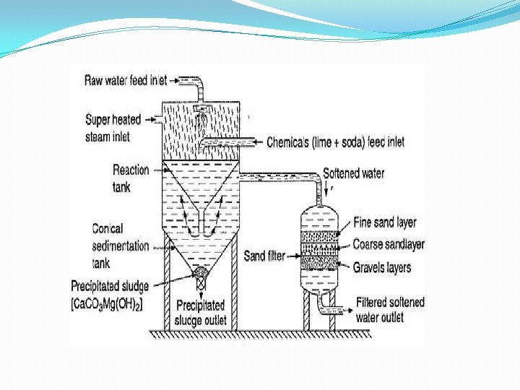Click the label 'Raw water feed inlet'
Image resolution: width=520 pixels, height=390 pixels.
[x=126, y=80]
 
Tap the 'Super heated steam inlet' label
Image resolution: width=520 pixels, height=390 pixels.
[x=113, y=127]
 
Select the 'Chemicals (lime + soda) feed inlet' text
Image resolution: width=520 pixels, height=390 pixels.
[x=335, y=142]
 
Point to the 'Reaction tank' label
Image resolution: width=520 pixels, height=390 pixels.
[x=131, y=178]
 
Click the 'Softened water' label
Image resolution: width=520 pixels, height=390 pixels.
[x=353, y=173]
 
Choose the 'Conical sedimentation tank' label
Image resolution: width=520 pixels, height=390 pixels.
[x=120, y=246]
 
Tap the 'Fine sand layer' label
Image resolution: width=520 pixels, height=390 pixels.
[x=384, y=223]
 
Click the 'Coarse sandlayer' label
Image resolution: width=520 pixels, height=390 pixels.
[x=388, y=245]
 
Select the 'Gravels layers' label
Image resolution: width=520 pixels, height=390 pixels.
[x=381, y=268]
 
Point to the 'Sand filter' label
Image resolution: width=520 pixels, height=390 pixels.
[x=264, y=256]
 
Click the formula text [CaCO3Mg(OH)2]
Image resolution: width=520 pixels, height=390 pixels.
[x=107, y=305]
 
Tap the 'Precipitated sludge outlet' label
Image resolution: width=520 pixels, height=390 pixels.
[x=200, y=313]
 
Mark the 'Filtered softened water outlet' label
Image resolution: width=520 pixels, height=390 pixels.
[x=389, y=310]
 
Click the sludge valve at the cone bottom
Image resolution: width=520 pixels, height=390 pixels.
[x=201, y=274]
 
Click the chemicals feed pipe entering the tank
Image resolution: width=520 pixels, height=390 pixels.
[x=231, y=141]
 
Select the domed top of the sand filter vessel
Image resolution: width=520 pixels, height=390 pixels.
[x=318, y=212]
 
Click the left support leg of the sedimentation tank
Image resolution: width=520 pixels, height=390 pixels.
[x=168, y=289]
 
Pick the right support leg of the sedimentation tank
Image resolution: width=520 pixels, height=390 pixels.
[x=235, y=289]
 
